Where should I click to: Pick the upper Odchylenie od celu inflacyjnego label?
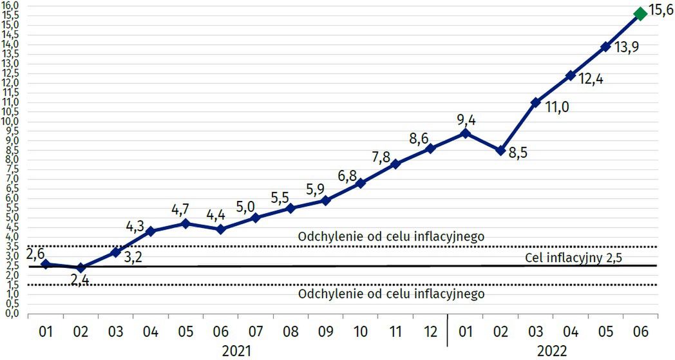[x=391, y=237]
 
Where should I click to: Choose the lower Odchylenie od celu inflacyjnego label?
[x=391, y=294]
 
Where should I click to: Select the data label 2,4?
[x=79, y=281]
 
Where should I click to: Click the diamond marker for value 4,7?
[x=185, y=223]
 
